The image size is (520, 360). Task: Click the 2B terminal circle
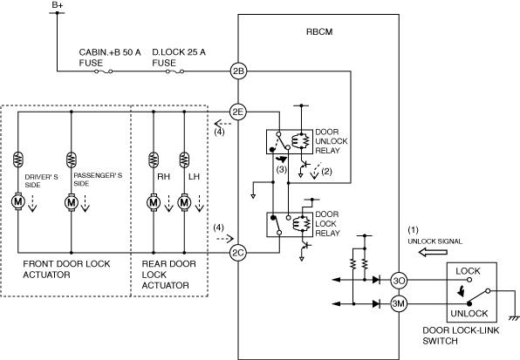pyautogui.click(x=238, y=71)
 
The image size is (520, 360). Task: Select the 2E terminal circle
pyautogui.click(x=238, y=112)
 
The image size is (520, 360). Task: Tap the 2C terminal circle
pyautogui.click(x=238, y=253)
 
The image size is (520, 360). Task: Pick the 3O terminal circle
pyautogui.click(x=399, y=280)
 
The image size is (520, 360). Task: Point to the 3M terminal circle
pyautogui.click(x=399, y=303)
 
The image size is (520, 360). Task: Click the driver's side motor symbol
pyautogui.click(x=18, y=201)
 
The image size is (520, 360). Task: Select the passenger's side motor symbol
pyautogui.click(x=71, y=202)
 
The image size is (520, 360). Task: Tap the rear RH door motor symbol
pyautogui.click(x=154, y=202)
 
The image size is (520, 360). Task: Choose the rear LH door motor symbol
pyautogui.click(x=184, y=202)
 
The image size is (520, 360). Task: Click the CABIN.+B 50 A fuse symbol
pyautogui.click(x=104, y=71)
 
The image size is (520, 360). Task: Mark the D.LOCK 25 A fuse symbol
pyautogui.click(x=174, y=71)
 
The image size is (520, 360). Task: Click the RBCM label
pyautogui.click(x=319, y=31)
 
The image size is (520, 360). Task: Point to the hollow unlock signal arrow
pyautogui.click(x=433, y=253)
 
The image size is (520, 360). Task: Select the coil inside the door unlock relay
pyautogui.click(x=300, y=141)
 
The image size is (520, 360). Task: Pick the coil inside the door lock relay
pyautogui.click(x=301, y=223)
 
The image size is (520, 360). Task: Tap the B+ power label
pyautogui.click(x=58, y=5)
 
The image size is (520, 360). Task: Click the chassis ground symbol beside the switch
pyautogui.click(x=514, y=319)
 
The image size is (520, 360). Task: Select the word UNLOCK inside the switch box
pyautogui.click(x=469, y=313)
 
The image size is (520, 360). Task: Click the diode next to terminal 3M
pyautogui.click(x=376, y=303)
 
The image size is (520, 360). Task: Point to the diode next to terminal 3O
pyautogui.click(x=376, y=280)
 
